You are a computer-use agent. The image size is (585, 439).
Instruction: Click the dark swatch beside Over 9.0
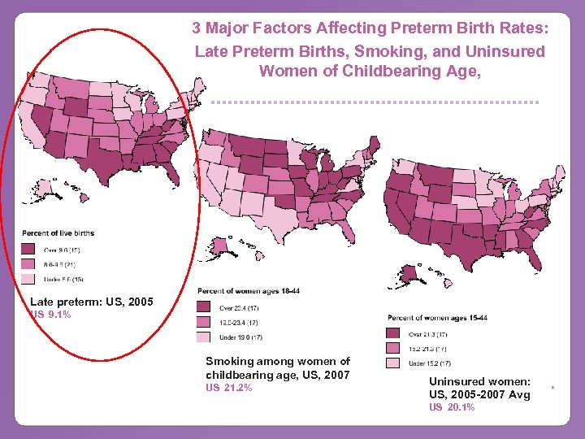tap(28, 249)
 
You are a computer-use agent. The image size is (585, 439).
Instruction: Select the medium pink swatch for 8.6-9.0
tap(28, 264)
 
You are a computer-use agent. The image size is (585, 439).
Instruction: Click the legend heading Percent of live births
tap(58, 233)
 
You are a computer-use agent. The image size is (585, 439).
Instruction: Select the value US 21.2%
tap(228, 387)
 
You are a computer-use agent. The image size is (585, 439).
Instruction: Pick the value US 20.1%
tap(451, 406)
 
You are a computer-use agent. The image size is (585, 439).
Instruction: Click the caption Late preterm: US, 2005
tap(91, 302)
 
